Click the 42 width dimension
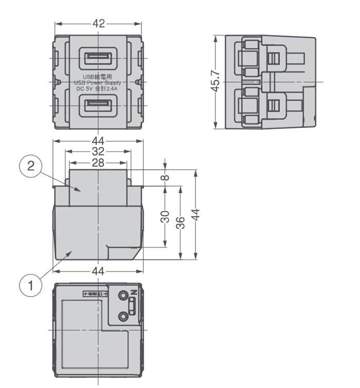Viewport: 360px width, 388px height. coord(98,24)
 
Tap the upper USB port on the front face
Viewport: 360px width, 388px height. coord(98,57)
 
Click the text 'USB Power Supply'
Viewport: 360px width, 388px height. coord(98,82)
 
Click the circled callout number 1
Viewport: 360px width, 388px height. coord(31,284)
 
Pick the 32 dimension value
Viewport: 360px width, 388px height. coord(98,151)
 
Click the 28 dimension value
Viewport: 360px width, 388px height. coord(98,162)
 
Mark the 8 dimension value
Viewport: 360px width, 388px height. coord(165,177)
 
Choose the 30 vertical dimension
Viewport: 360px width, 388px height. coord(165,216)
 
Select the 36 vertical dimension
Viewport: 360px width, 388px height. coord(181,223)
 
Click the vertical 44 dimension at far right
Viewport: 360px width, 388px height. coord(196,214)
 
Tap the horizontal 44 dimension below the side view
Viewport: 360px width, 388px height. coord(98,270)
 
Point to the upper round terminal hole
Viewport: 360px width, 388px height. coord(123,296)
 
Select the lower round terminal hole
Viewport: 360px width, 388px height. coord(123,317)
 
